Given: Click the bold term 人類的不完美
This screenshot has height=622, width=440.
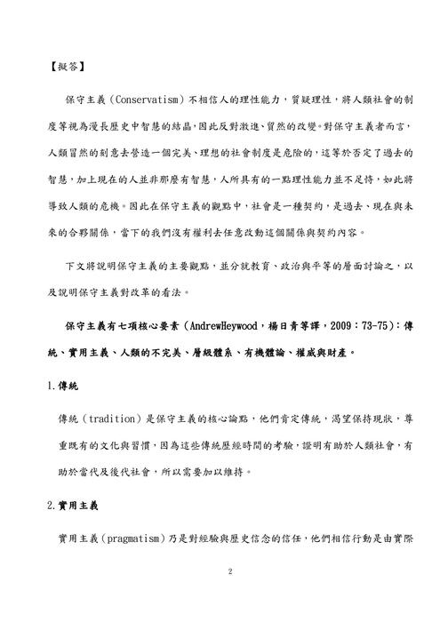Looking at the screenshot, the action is click(x=139, y=353).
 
